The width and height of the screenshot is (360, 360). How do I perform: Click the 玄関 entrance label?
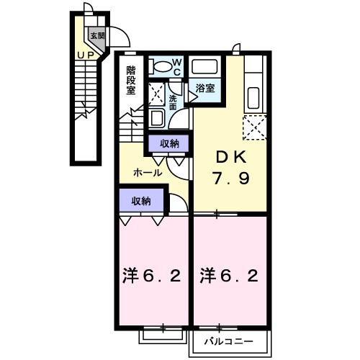96,35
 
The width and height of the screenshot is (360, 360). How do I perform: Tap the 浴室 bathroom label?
205,87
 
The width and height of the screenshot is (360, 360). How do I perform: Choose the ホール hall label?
147,173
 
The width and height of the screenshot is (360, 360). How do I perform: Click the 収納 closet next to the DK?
170,144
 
